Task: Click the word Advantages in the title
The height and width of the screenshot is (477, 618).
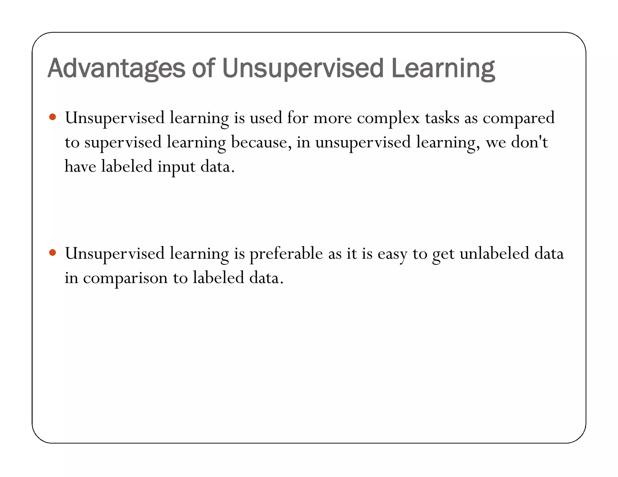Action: pos(116,68)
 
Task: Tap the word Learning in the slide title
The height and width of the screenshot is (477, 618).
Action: pos(443,68)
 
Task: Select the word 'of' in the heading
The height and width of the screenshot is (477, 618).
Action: pos(203,68)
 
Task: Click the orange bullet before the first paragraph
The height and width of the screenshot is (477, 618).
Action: pos(53,117)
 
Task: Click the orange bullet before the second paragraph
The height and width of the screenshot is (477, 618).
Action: pos(53,252)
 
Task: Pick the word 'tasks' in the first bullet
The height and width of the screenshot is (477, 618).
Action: pos(442,118)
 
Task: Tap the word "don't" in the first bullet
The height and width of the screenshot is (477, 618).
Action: pos(529,142)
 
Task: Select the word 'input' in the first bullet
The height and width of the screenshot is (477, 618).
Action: pos(176,167)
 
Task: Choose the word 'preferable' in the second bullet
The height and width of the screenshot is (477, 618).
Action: pos(286,254)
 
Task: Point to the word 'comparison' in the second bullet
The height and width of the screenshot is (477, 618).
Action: pos(125,278)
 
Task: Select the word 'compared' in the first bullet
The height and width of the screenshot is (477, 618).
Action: pos(518,118)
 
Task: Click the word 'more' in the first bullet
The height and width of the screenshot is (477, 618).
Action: pos(333,118)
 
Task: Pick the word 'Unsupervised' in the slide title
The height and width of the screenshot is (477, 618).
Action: pos(303,68)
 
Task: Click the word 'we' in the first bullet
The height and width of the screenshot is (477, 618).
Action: pos(495,143)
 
